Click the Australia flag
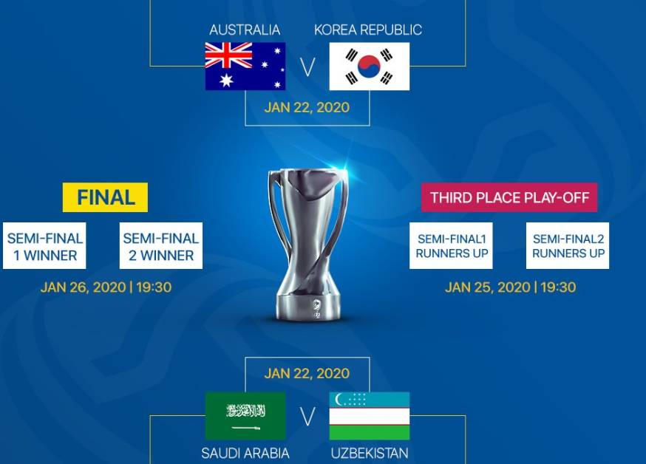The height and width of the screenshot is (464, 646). click(x=245, y=66)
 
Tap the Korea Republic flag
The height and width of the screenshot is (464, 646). click(x=370, y=66)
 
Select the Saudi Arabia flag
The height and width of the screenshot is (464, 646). click(x=245, y=416)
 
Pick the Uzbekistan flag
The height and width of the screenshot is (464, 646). click(x=370, y=416)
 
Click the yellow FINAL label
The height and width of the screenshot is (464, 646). click(x=105, y=197)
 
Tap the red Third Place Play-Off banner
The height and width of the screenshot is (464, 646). click(x=509, y=197)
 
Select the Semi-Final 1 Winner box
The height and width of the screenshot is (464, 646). click(x=44, y=246)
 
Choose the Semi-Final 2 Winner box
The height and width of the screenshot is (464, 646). click(x=161, y=246)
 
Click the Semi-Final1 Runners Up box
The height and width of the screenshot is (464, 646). click(x=451, y=246)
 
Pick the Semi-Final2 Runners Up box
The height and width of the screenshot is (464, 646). click(x=568, y=246)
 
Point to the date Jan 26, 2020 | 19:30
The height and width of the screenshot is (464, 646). click(x=106, y=287)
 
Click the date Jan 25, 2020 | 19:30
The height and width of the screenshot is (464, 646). click(x=511, y=287)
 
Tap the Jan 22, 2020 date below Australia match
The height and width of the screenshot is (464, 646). click(x=307, y=107)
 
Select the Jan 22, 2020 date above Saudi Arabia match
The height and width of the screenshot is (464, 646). click(x=307, y=373)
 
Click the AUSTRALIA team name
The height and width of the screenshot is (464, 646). click(x=245, y=30)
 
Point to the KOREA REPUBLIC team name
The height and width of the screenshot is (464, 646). click(x=368, y=30)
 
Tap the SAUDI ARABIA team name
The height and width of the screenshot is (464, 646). click(x=245, y=454)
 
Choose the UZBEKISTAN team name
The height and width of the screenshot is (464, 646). click(x=370, y=454)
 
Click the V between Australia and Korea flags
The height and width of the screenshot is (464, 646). click(x=307, y=66)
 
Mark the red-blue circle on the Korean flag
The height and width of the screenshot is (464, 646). click(x=369, y=66)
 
